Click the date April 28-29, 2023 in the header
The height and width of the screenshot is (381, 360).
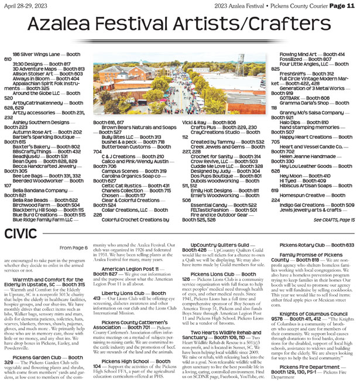25,6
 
